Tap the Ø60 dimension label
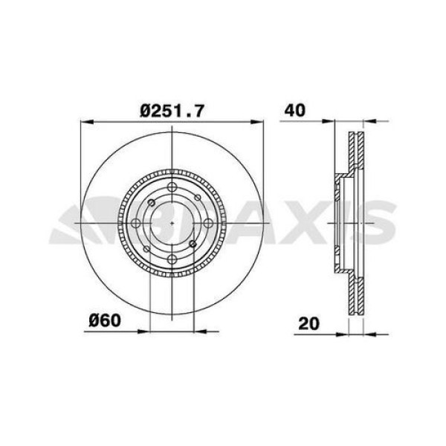pos(104,321)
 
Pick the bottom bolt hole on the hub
pos(172,259)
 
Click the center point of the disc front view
pos(172,222)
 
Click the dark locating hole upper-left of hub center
pos(152,202)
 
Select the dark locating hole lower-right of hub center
pos(193,243)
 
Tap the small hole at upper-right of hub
pos(197,197)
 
